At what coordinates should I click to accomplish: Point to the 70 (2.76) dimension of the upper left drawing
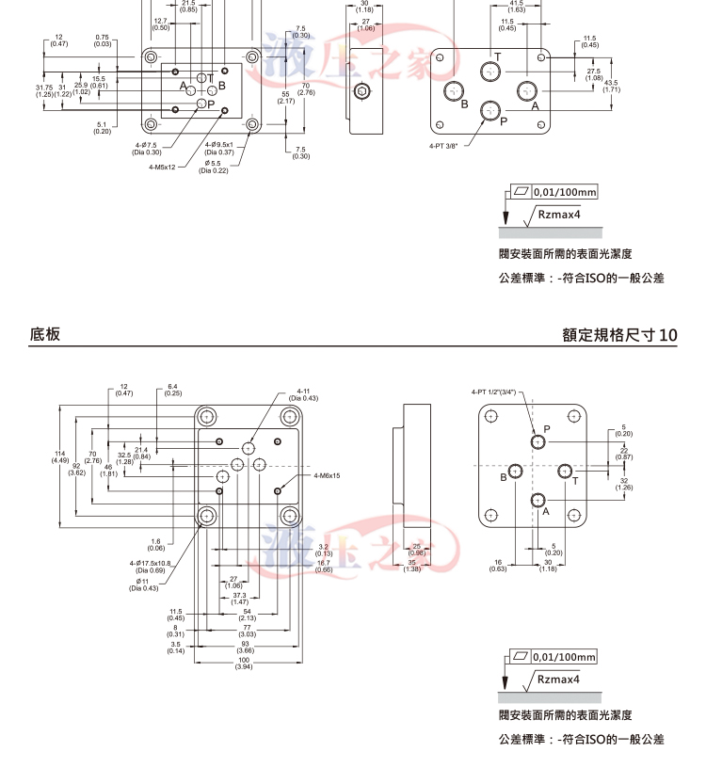(305, 89)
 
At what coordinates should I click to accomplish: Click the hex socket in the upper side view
(362, 92)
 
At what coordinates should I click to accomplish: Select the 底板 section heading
(45, 334)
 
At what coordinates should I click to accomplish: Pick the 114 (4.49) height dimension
(60, 457)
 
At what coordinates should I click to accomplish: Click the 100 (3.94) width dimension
(244, 664)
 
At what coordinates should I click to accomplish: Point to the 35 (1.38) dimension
(413, 566)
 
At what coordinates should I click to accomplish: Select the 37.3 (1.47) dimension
(239, 598)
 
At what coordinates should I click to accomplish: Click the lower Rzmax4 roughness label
(558, 678)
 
